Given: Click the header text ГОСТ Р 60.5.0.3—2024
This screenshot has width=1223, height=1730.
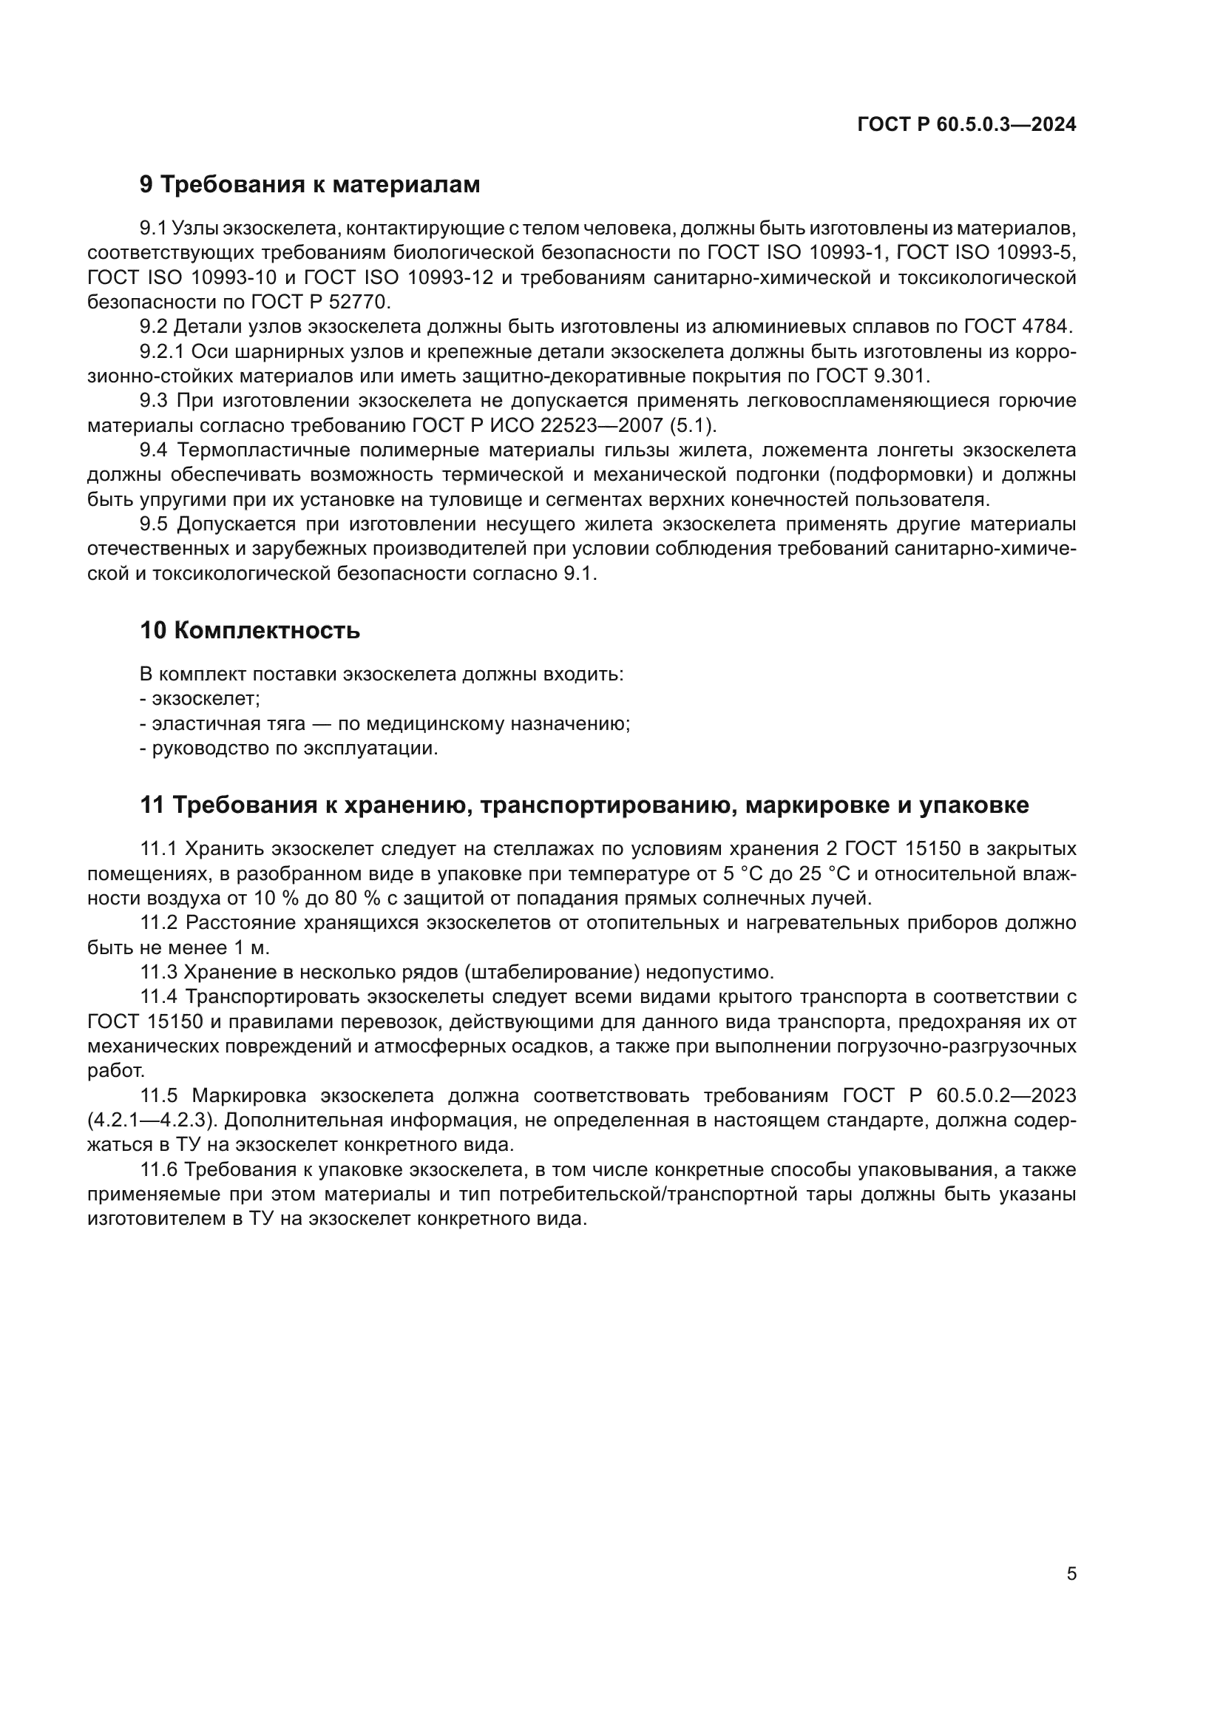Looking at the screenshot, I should [x=966, y=125].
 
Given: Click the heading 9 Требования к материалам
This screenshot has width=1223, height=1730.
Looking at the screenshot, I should [x=310, y=185].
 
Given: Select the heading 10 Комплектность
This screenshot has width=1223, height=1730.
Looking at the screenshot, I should [x=249, y=631].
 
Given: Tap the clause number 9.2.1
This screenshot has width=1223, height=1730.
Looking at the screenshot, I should [x=162, y=352].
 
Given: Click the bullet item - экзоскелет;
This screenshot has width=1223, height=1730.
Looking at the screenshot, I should [x=200, y=698].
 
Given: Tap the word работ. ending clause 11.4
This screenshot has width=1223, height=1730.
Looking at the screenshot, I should [x=116, y=1071].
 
